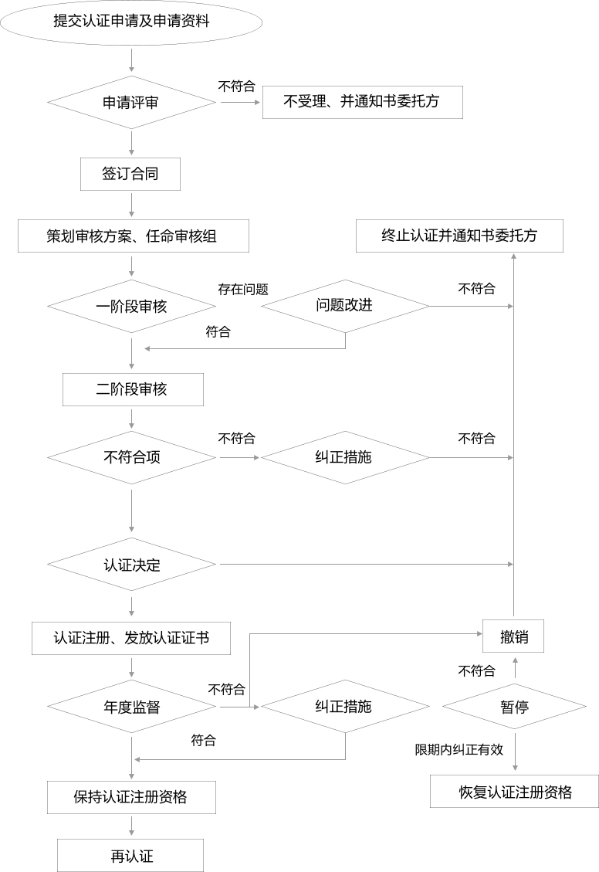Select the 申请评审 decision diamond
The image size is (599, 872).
pos(131,103)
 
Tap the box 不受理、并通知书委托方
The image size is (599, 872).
pos(362,102)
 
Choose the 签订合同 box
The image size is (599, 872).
pos(130,174)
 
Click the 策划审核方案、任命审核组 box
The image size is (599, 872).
pos(134,236)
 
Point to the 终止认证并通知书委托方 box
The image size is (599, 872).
pos(459,236)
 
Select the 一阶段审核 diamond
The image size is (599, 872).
pos(131,307)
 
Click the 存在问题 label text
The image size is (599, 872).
pos(243,290)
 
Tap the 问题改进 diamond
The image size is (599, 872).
pos(344,306)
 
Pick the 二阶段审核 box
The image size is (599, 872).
pos(132,389)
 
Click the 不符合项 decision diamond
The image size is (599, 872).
pos(131,457)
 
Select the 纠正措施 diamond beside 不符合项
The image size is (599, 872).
pos(344,457)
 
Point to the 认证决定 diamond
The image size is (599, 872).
pos(131,565)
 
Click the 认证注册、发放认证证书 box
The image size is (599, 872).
pos(131,638)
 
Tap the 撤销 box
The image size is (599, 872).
pos(513,638)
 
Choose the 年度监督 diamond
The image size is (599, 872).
pos(131,707)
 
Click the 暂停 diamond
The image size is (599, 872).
pos(514,707)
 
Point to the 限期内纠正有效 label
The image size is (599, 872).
pos(459,749)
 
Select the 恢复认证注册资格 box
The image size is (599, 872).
pos(515,792)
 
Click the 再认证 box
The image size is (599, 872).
pos(130,856)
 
